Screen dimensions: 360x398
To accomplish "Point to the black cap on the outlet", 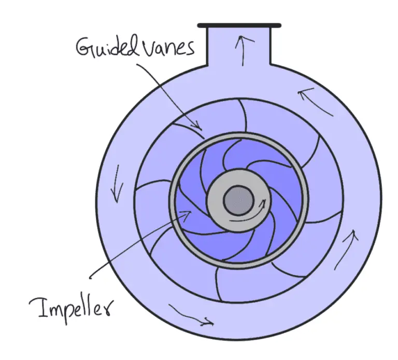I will click(x=239, y=25).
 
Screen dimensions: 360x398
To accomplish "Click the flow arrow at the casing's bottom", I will click(x=192, y=316).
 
